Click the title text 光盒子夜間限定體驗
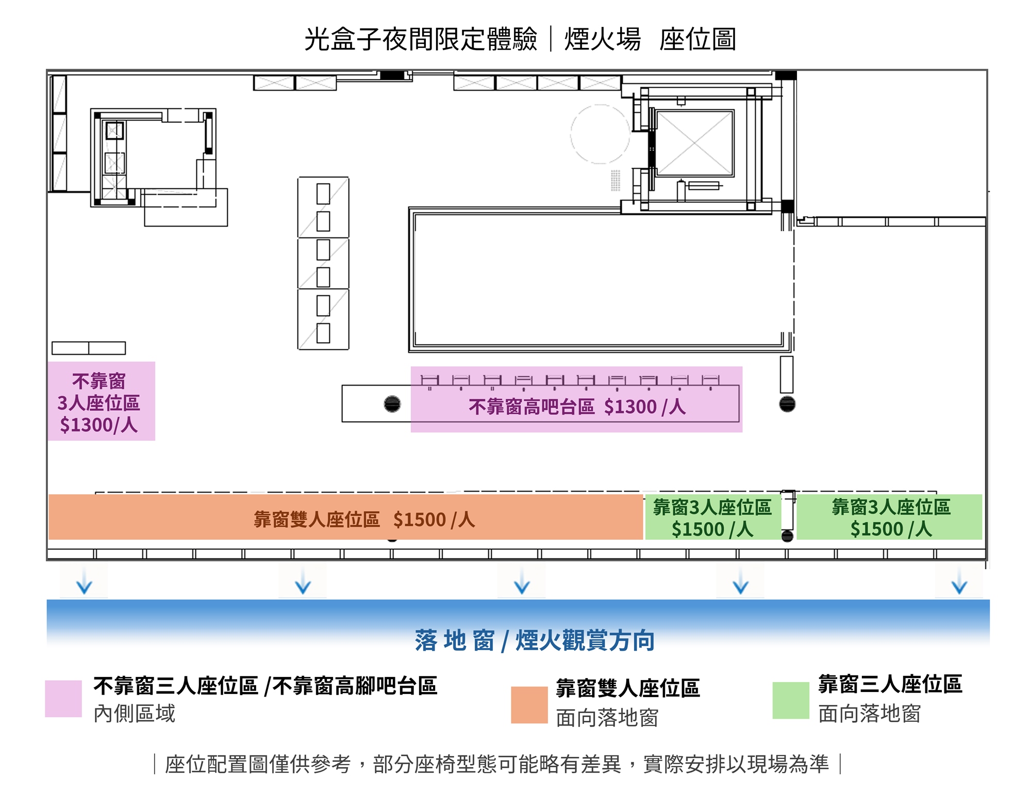pos(420,39)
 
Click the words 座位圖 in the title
pos(697,39)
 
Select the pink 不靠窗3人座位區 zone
pos(101,401)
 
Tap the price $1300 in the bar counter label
pos(630,407)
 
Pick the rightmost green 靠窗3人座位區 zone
pos(890,517)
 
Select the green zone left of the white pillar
pos(712,518)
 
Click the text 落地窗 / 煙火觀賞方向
pos(535,640)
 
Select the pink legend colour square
pos(63,699)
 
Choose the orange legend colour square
pos(529,705)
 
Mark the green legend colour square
pos(790,700)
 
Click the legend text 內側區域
pos(135,714)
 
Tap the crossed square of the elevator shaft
pos(694,143)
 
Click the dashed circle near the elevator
pos(600,134)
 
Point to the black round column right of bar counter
pos(787,404)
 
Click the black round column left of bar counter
pos(392,404)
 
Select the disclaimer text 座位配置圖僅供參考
pos(258,764)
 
